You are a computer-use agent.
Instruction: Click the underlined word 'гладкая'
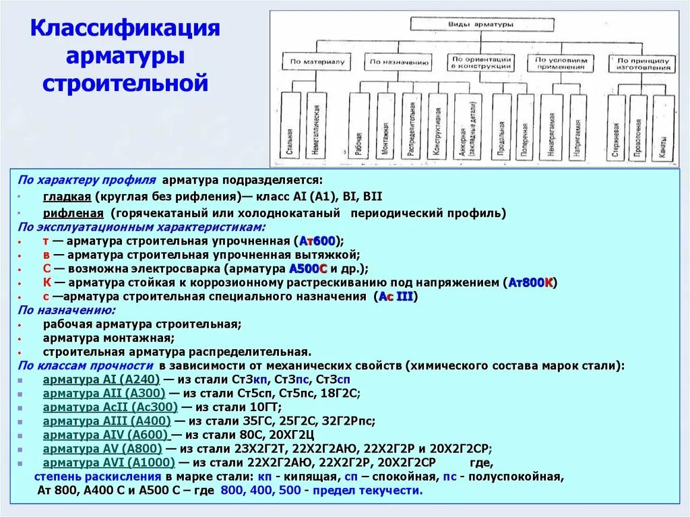67,197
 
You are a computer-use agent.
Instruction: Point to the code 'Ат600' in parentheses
317,241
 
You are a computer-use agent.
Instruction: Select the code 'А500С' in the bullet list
308,269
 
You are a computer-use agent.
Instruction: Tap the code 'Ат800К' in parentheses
530,283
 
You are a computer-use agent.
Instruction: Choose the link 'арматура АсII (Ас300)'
110,407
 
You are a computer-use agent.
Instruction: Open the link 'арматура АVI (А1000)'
108,463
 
